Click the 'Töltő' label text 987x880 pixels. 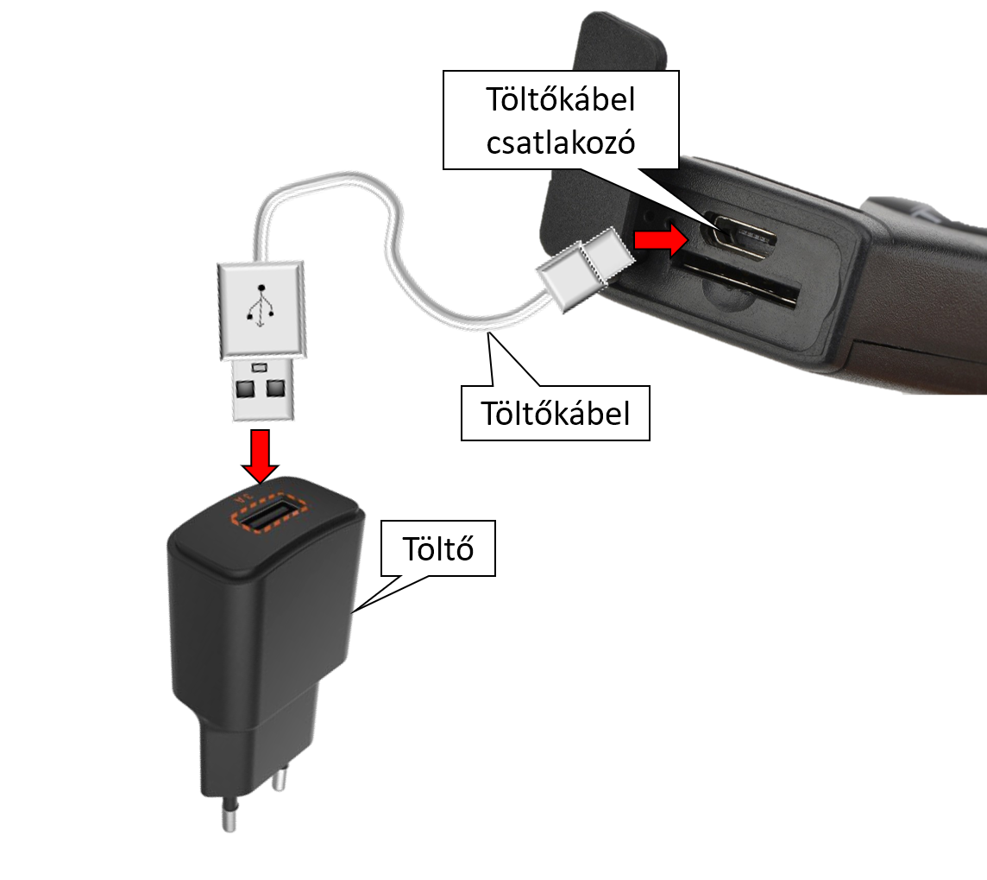pos(437,548)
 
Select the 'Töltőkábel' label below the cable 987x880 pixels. pos(556,414)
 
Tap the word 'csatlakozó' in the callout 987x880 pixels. pos(560,142)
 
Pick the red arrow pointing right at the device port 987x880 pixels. pos(661,240)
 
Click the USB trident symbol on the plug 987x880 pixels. pos(261,306)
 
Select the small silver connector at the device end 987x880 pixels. pos(585,268)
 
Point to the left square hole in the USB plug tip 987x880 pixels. pos(244,388)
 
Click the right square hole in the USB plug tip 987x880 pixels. pos(276,388)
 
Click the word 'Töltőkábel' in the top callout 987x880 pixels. pos(560,99)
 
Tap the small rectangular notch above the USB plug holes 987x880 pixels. pos(260,367)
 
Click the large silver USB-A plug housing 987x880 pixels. pos(261,311)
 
